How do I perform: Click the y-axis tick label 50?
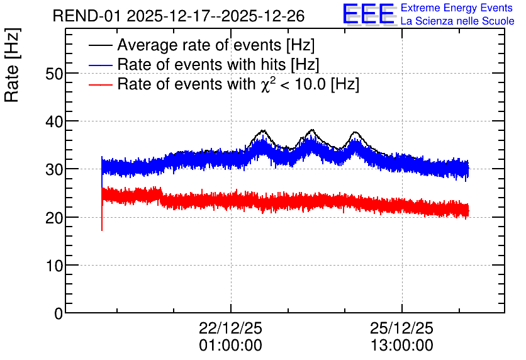(54, 74)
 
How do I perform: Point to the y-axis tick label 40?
(54, 121)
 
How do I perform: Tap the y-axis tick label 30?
(54, 169)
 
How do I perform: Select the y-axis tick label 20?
(54, 218)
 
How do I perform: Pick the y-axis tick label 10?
(54, 266)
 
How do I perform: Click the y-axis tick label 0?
(59, 313)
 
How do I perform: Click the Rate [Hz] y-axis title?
(12, 65)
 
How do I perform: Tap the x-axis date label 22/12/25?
(230, 328)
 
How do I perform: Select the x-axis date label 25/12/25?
(401, 328)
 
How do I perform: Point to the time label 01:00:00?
(230, 346)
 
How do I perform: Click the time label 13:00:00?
(401, 346)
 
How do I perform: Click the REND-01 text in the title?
(86, 16)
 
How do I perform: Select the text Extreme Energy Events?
(457, 8)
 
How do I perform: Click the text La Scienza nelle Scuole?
(457, 21)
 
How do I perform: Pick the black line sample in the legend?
(100, 45)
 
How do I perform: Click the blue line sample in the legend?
(100, 65)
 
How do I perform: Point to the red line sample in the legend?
(100, 84)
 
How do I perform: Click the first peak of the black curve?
(262, 130)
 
